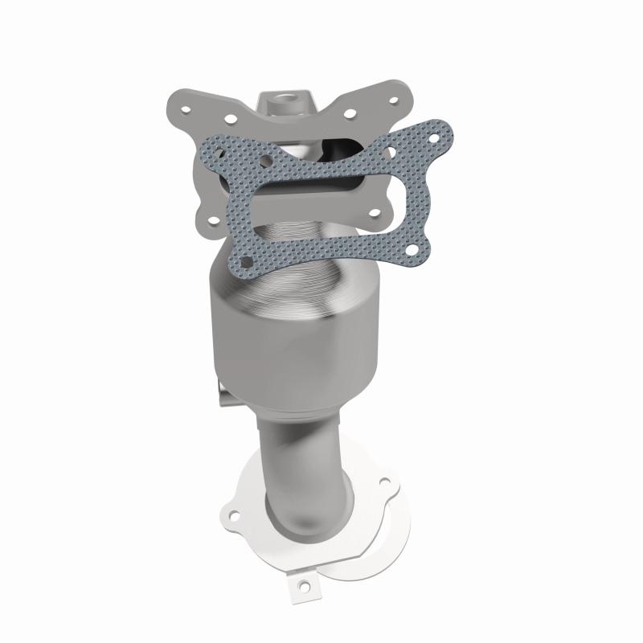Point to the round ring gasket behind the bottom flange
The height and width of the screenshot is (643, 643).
(378, 547)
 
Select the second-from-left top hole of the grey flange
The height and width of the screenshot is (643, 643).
(231, 121)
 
